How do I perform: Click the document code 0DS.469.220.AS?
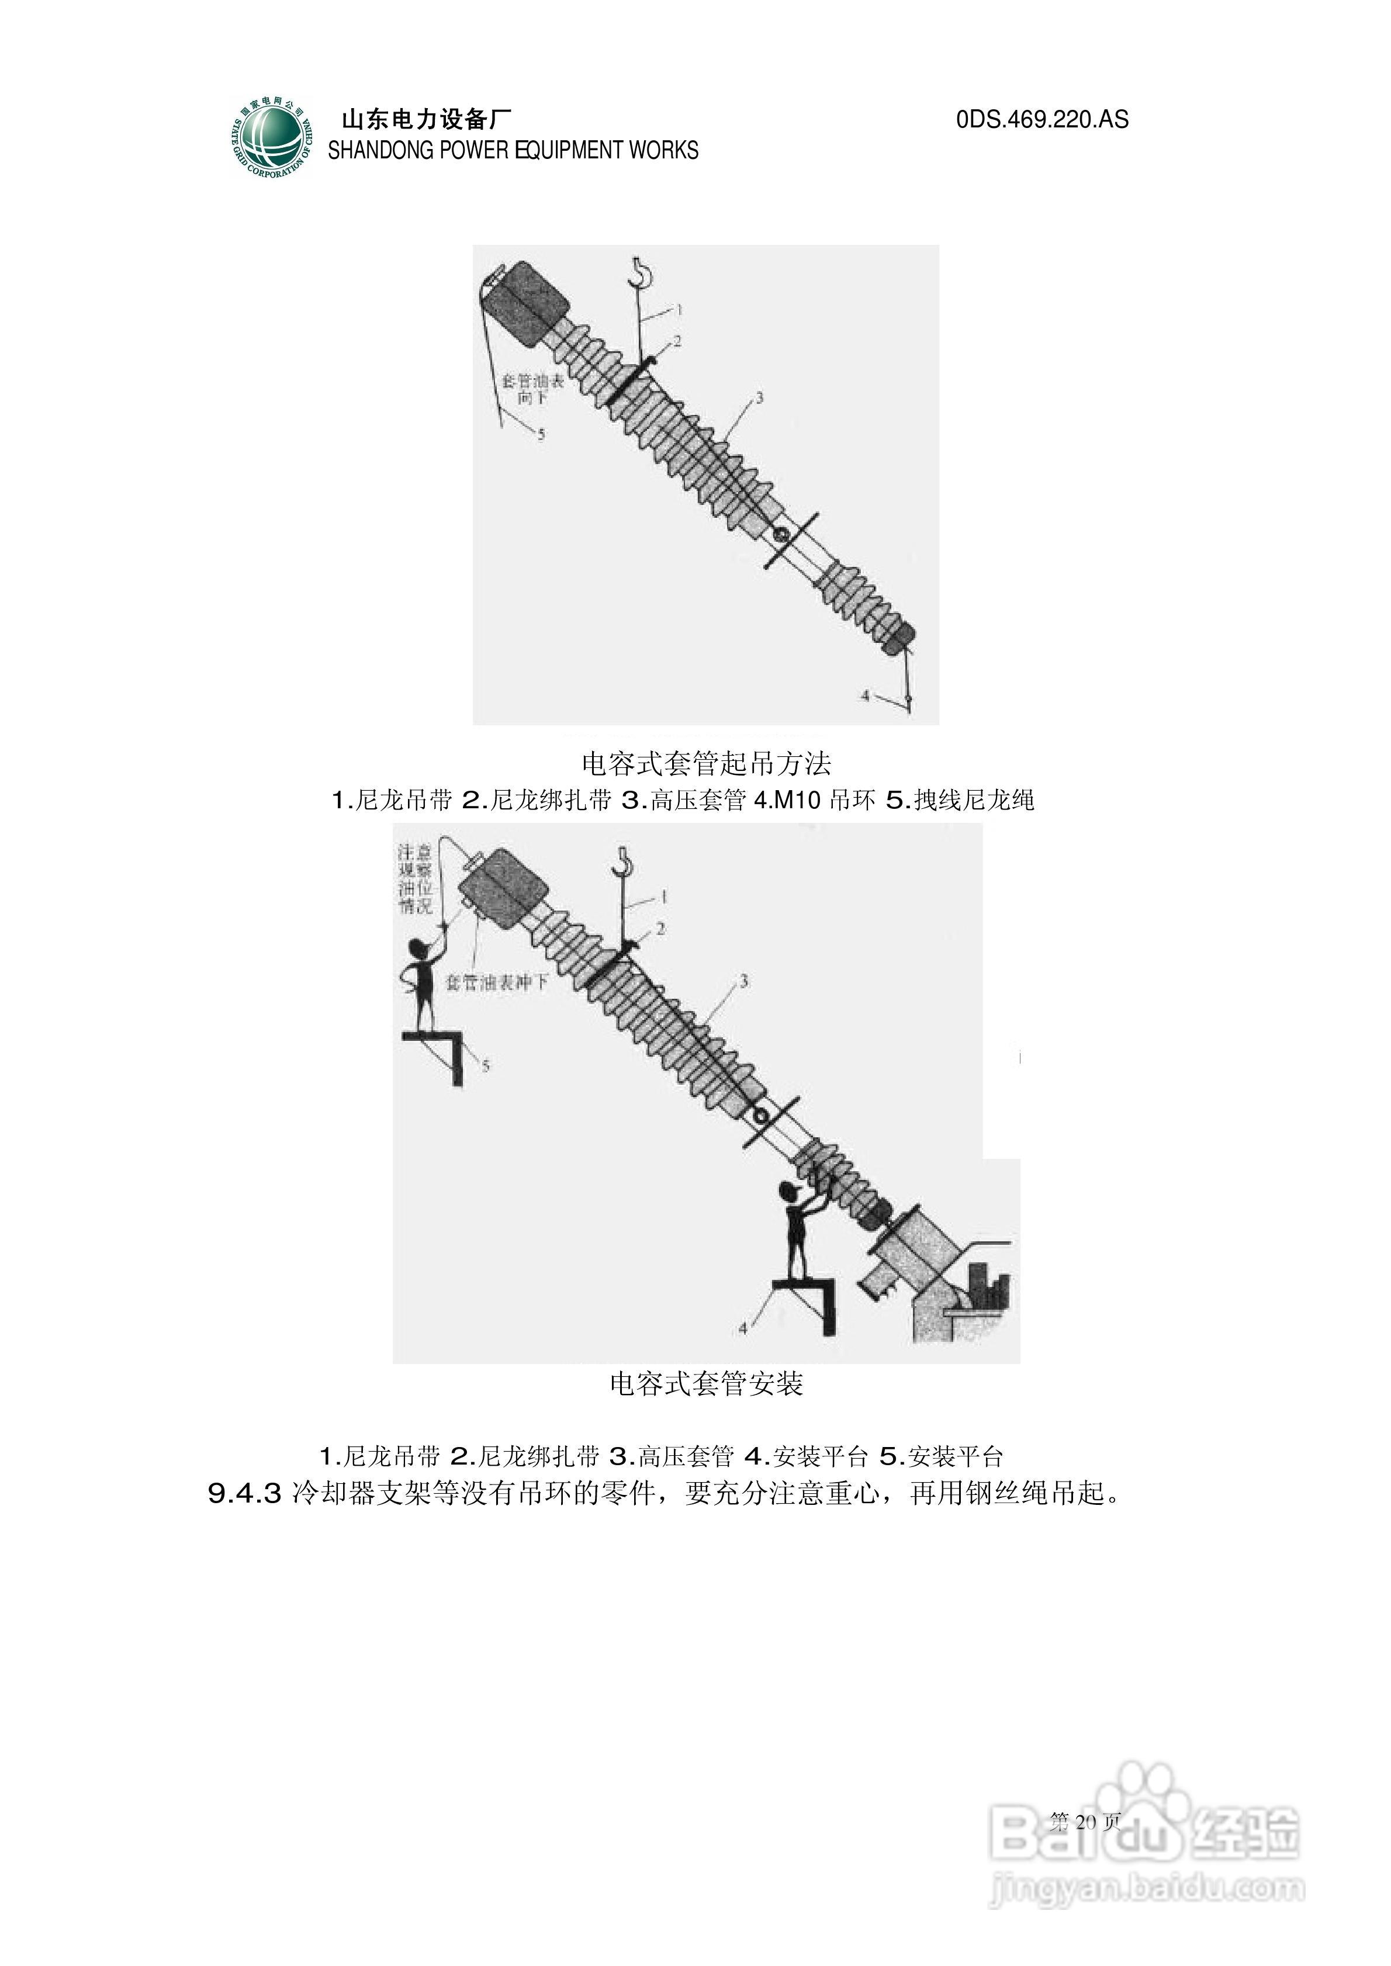click(x=1041, y=119)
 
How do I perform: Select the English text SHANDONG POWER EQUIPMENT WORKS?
click(x=513, y=151)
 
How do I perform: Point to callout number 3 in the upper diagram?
click(x=759, y=398)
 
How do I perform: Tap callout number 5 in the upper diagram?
click(x=541, y=435)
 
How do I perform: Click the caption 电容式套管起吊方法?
click(x=706, y=763)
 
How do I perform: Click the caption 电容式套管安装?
click(x=706, y=1383)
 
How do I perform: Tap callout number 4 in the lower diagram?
click(x=743, y=1328)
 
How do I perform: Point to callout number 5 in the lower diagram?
click(x=486, y=1066)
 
